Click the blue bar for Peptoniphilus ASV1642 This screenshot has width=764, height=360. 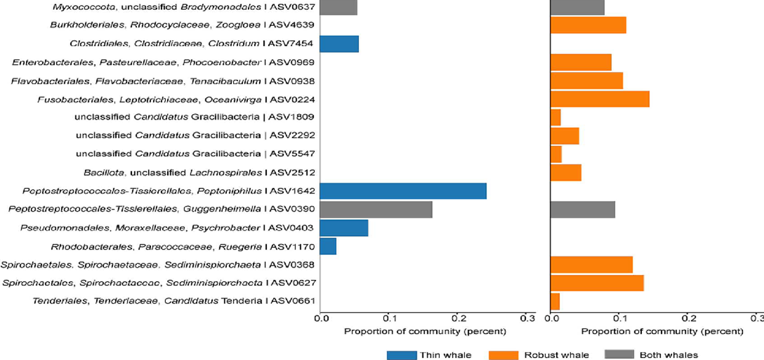pyautogui.click(x=403, y=191)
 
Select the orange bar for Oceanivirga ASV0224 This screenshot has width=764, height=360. pyautogui.click(x=600, y=99)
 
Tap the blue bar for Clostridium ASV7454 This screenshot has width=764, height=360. pyautogui.click(x=339, y=44)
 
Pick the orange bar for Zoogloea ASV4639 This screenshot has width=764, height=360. pyautogui.click(x=588, y=25)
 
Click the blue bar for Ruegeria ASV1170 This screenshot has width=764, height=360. pyautogui.click(x=328, y=246)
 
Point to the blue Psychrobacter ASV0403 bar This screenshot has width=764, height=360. pyautogui.click(x=344, y=227)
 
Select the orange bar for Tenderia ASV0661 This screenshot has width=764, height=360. pyautogui.click(x=555, y=301)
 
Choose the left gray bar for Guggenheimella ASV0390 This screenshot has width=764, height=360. pyautogui.click(x=376, y=210)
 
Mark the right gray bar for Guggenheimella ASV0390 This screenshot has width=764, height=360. pyautogui.click(x=583, y=210)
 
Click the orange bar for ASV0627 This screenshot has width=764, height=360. pyautogui.click(x=598, y=283)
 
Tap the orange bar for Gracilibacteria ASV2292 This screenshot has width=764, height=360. pyautogui.click(x=565, y=136)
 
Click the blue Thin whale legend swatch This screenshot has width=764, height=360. pyautogui.click(x=402, y=355)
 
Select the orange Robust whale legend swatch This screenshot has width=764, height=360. pyautogui.click(x=503, y=355)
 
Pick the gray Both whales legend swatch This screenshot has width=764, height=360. pyautogui.click(x=619, y=354)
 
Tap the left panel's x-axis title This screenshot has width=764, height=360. pyautogui.click(x=425, y=332)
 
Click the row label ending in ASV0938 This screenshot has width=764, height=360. pyautogui.click(x=163, y=81)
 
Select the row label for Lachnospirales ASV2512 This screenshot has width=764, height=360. pyautogui.click(x=199, y=173)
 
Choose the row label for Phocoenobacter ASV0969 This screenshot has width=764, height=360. pyautogui.click(x=163, y=62)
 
